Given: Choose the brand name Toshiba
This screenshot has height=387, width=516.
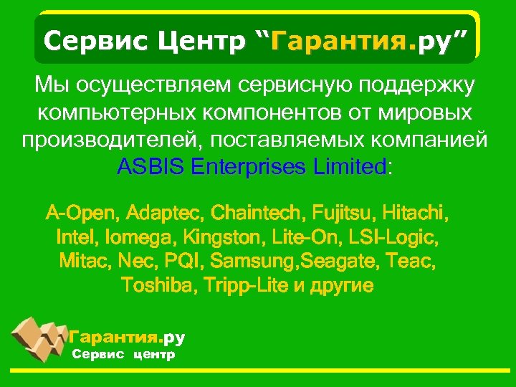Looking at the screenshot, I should (160, 285).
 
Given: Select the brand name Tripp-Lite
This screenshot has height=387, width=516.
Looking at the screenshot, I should (244, 285).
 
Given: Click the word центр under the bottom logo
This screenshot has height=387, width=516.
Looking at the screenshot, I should (153, 354).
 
